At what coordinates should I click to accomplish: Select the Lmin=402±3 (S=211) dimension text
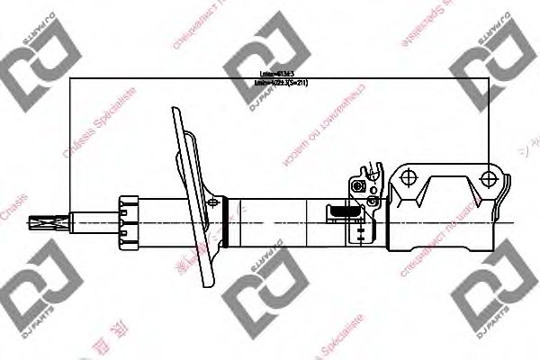281,84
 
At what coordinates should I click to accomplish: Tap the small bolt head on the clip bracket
359,186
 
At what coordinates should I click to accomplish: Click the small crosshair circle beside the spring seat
213,204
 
